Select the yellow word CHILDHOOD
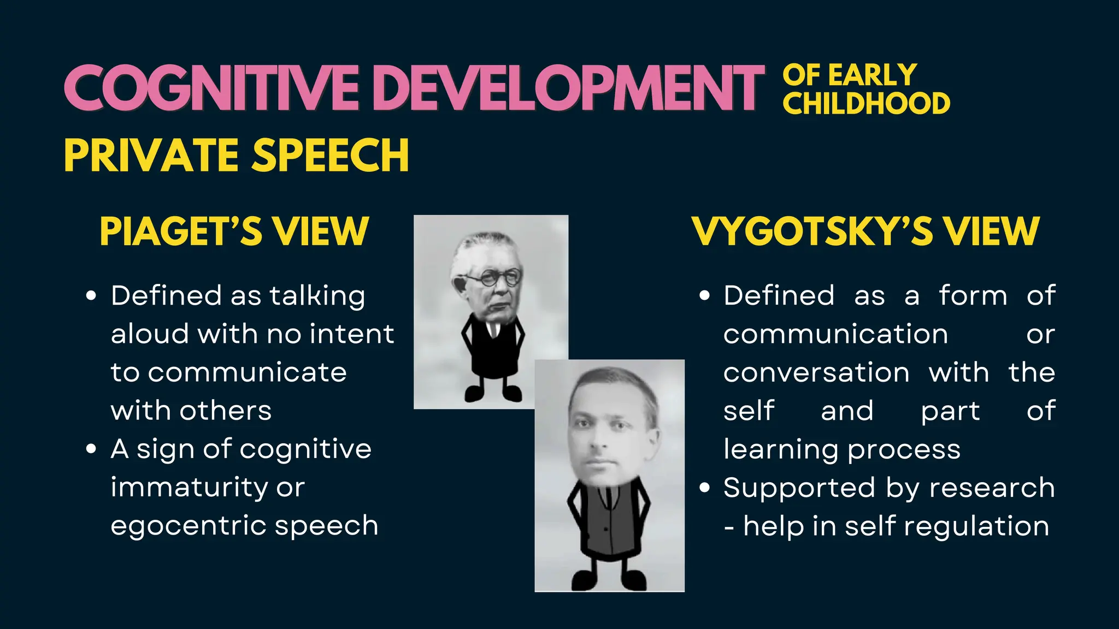[x=866, y=104]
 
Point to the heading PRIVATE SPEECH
[x=237, y=155]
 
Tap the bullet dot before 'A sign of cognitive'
[x=91, y=449]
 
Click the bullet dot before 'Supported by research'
[x=705, y=488]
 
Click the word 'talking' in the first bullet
[x=317, y=296]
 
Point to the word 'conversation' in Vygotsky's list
[x=816, y=373]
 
